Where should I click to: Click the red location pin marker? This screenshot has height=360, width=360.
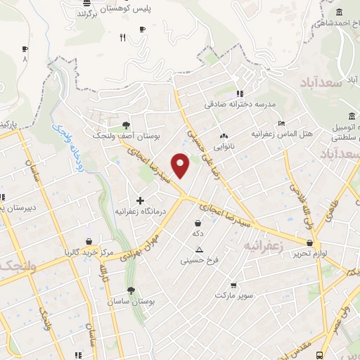click(181, 164)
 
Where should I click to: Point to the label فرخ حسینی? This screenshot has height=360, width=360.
click(200, 260)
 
